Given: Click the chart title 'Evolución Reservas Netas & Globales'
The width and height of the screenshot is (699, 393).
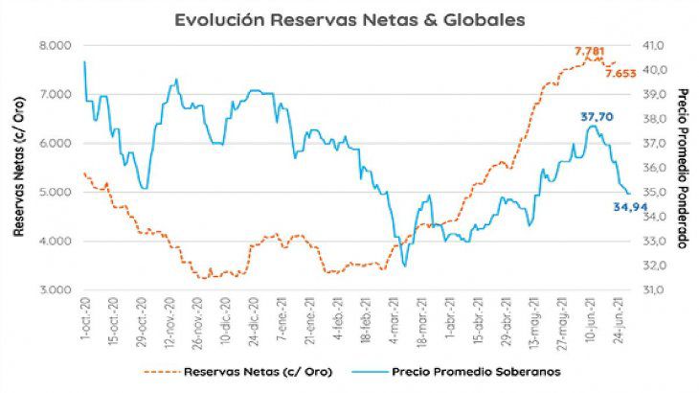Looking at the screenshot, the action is (349, 20).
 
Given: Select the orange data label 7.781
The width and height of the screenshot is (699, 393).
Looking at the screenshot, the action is (589, 52).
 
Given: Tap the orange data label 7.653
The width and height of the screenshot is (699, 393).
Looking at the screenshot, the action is (620, 74).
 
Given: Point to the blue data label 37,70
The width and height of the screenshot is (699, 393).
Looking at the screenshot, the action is (597, 117).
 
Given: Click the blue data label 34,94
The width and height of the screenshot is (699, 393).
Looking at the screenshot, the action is (630, 206).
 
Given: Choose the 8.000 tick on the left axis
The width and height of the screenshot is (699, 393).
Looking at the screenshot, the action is (56, 45).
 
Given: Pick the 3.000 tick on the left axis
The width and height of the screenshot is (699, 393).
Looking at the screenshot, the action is (56, 289).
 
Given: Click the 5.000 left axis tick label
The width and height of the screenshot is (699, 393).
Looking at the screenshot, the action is (56, 193).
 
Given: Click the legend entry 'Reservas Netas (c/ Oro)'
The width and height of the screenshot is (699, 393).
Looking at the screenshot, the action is (238, 372).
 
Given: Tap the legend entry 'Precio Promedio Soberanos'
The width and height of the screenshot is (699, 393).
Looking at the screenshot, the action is (456, 372).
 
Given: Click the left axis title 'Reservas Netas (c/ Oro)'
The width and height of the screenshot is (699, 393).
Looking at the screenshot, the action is (18, 167).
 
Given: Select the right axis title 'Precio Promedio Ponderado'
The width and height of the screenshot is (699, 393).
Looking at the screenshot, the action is (683, 168).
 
